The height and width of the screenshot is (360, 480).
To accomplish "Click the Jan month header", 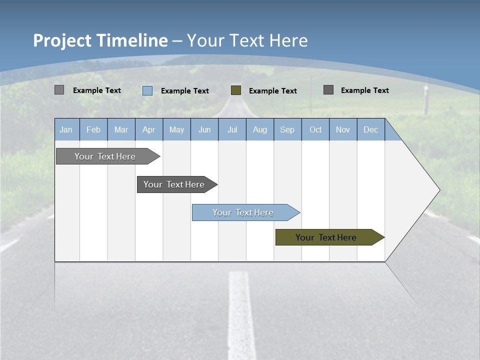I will (66, 129).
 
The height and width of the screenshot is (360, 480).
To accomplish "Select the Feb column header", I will (93, 129).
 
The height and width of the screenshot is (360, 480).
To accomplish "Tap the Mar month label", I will (121, 129).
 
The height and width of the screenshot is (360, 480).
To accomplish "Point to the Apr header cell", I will (148, 129).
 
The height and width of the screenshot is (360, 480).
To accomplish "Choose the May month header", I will (176, 129).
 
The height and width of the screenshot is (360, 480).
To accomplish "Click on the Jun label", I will (204, 129).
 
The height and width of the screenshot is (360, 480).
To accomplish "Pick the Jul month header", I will (232, 129).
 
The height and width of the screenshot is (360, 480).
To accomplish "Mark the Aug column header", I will (260, 129).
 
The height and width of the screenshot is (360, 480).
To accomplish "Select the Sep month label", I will (287, 129).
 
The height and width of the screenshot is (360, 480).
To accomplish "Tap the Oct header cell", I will (315, 129).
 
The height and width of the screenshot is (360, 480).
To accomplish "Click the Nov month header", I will (343, 129).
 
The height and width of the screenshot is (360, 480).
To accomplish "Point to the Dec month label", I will (371, 129).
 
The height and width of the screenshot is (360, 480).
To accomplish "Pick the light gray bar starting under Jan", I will (105, 156).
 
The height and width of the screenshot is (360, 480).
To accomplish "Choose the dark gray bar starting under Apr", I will (174, 184).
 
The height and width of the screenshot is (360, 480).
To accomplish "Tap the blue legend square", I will (147, 90).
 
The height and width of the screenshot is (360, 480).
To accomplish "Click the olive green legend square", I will (236, 90).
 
